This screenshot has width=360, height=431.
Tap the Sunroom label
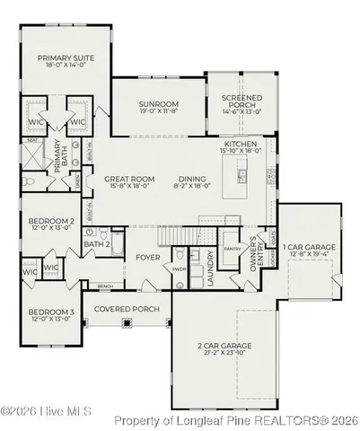(160, 104)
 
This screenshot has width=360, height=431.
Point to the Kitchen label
(241, 144)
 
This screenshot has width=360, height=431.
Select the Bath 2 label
(96, 243)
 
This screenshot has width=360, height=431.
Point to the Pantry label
(232, 249)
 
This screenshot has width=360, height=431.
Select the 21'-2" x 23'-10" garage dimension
(224, 353)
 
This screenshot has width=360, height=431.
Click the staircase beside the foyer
(173, 235)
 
